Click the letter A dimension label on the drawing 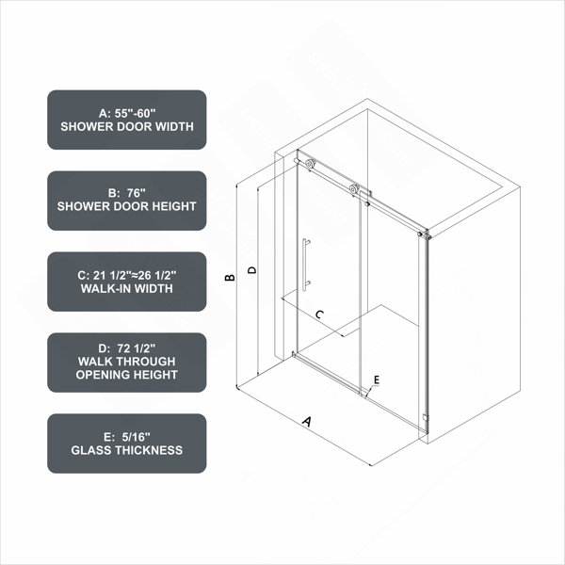click(x=307, y=421)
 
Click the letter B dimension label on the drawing click(x=230, y=278)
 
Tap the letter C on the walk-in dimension click(x=319, y=315)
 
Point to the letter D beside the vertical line click(x=252, y=270)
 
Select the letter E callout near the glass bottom click(x=377, y=379)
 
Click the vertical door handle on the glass click(x=305, y=264)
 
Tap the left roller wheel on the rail click(x=310, y=164)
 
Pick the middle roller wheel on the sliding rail click(x=354, y=189)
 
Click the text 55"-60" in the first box click(x=135, y=113)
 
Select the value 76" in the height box click(x=137, y=193)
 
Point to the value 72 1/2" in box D click(x=137, y=348)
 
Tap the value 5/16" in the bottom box click(x=136, y=437)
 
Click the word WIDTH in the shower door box click(x=173, y=126)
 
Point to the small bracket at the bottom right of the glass click(x=426, y=417)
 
